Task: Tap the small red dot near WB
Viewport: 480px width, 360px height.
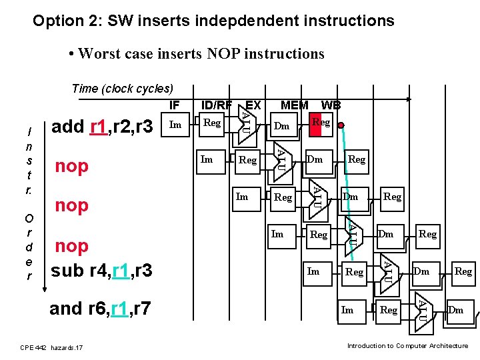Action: point(340,125)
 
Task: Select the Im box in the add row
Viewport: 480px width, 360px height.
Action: point(175,124)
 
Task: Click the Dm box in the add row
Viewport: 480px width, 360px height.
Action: point(282,126)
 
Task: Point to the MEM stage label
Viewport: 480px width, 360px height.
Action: point(294,105)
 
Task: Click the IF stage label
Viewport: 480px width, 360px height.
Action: point(174,105)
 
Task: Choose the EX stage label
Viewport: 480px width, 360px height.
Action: point(253,105)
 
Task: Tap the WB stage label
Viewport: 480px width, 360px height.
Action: point(331,105)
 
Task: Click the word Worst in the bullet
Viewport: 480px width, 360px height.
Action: point(100,53)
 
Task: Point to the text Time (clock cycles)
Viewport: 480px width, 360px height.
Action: point(122,89)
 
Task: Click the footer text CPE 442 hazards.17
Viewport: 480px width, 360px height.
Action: point(51,347)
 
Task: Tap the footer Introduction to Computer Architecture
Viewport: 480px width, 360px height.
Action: point(407,345)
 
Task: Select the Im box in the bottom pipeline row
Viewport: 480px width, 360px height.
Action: point(347,309)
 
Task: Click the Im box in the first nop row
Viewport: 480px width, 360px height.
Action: point(207,159)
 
